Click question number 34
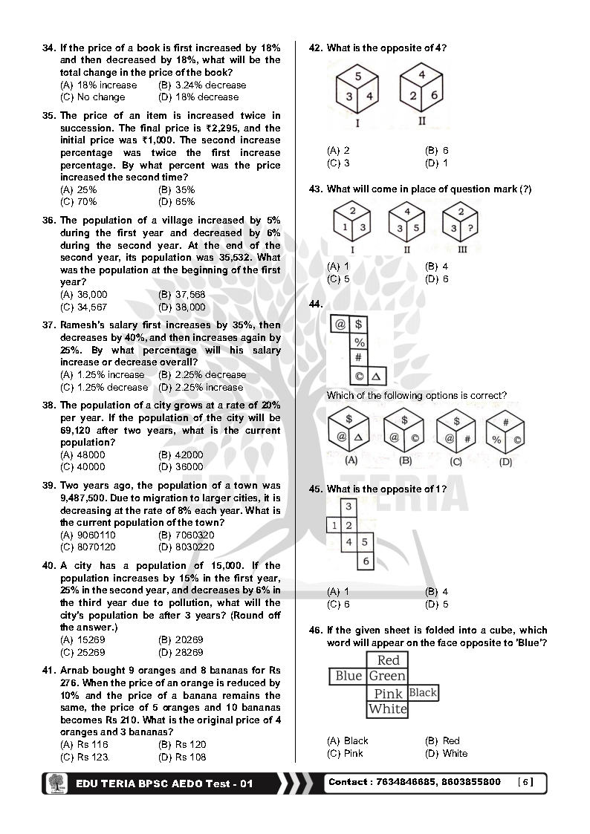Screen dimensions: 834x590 (x=48, y=48)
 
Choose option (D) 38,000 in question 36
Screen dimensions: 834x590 (x=182, y=307)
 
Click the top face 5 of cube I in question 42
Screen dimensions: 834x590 (x=357, y=76)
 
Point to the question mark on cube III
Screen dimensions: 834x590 (x=467, y=229)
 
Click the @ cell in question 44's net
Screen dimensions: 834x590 (x=340, y=325)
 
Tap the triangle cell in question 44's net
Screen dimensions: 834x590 (x=376, y=377)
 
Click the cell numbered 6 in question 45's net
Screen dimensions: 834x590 (x=366, y=562)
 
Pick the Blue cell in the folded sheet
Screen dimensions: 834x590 (x=349, y=676)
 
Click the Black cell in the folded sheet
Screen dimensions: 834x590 (x=423, y=693)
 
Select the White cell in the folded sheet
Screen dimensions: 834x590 (x=388, y=709)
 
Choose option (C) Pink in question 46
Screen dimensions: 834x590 (x=346, y=753)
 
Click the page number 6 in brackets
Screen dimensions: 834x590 (x=525, y=782)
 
